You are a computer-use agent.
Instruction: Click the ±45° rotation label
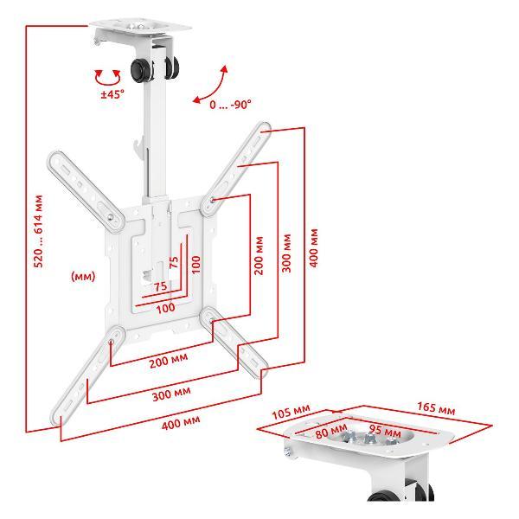(x=112, y=94)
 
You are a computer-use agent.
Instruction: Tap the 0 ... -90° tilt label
(x=230, y=105)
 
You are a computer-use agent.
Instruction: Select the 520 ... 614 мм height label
(x=38, y=231)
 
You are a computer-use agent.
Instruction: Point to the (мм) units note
(x=83, y=276)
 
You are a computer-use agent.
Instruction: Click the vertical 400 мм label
(x=313, y=248)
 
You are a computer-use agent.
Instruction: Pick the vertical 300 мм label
(x=286, y=253)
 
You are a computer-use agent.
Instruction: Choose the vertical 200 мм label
(x=259, y=255)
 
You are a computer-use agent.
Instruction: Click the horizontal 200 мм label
(x=169, y=361)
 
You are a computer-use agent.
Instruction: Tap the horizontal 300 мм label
(x=171, y=394)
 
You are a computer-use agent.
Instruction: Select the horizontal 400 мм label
(x=181, y=423)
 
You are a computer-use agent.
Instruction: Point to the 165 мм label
(x=436, y=408)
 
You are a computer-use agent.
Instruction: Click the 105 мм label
(x=291, y=412)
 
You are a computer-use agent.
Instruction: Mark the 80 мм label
(x=331, y=431)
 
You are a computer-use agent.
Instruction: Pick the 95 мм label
(x=385, y=431)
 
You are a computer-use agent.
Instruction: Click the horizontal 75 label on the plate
(x=161, y=286)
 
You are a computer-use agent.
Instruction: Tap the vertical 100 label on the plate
(x=196, y=264)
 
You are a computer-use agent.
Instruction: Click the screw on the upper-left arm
(x=110, y=217)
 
